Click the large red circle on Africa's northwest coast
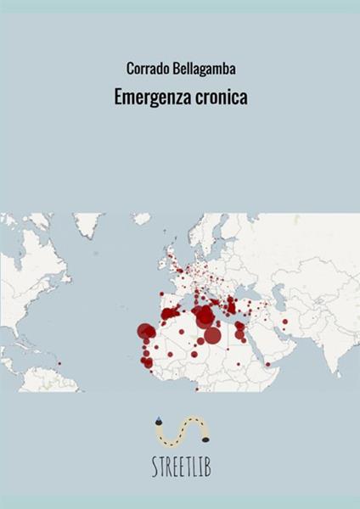(x=146, y=332)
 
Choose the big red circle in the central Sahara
(x=212, y=335)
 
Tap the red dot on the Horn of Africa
(x=267, y=364)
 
